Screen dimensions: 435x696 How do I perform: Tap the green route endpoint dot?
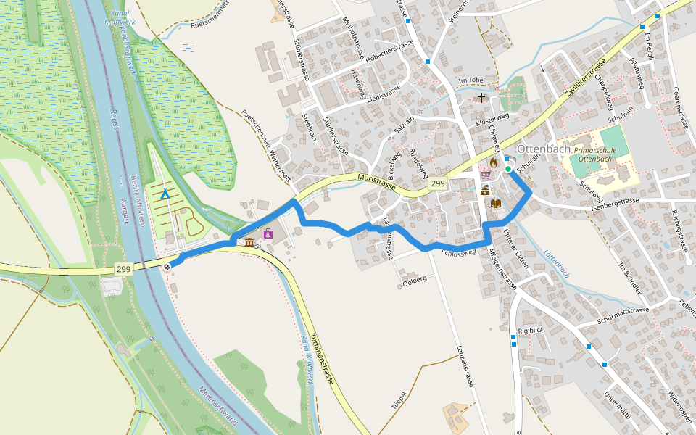(x=508, y=169)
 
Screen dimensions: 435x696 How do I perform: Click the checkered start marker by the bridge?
(x=167, y=266)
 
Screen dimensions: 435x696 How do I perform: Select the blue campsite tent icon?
(x=165, y=194)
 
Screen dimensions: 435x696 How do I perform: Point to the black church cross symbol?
(x=481, y=97)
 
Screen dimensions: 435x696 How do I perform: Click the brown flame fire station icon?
(x=494, y=162)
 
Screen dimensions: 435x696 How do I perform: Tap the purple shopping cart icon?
(x=486, y=175)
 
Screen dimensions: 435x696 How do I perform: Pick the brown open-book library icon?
(x=496, y=204)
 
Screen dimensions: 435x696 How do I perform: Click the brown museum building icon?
(x=249, y=241)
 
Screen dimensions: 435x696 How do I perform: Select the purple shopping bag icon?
(x=268, y=233)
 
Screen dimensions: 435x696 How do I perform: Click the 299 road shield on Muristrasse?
(x=437, y=184)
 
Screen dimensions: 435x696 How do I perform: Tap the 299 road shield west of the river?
(x=123, y=269)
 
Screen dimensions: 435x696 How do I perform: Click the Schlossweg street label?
(x=458, y=253)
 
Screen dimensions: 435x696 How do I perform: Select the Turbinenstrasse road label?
(x=323, y=359)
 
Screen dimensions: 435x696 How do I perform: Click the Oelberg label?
(x=414, y=280)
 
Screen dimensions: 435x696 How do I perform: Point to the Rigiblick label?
(x=531, y=331)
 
